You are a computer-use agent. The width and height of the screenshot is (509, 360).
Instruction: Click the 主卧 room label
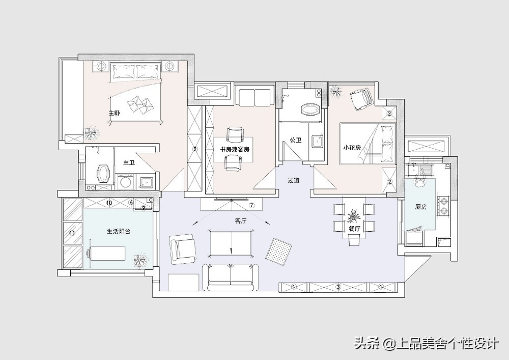pyautogui.click(x=114, y=113)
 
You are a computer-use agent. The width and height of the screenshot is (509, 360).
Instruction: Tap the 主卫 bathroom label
pyautogui.click(x=129, y=163)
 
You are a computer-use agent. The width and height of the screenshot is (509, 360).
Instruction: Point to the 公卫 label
pyautogui.click(x=295, y=140)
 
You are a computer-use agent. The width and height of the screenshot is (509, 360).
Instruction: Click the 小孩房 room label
pyautogui.click(x=352, y=148)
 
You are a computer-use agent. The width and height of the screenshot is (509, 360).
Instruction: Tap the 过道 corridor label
pyautogui.click(x=293, y=180)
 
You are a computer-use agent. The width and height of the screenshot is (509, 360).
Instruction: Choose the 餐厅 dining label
pyautogui.click(x=354, y=229)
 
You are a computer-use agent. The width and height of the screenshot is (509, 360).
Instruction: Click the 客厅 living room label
pyautogui.click(x=241, y=221)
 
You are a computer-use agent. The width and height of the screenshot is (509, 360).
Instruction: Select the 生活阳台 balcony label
pyautogui.click(x=118, y=231)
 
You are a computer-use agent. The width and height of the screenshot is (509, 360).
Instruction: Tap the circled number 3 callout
pyautogui.click(x=337, y=287)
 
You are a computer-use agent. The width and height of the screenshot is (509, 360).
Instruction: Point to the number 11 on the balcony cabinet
pyautogui.click(x=72, y=233)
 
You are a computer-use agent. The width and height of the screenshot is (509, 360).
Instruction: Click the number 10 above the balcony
pyautogui.click(x=109, y=203)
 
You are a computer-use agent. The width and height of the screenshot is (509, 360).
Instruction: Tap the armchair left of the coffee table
pyautogui.click(x=182, y=248)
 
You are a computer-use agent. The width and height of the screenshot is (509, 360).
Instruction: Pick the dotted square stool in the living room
pyautogui.click(x=279, y=251)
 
